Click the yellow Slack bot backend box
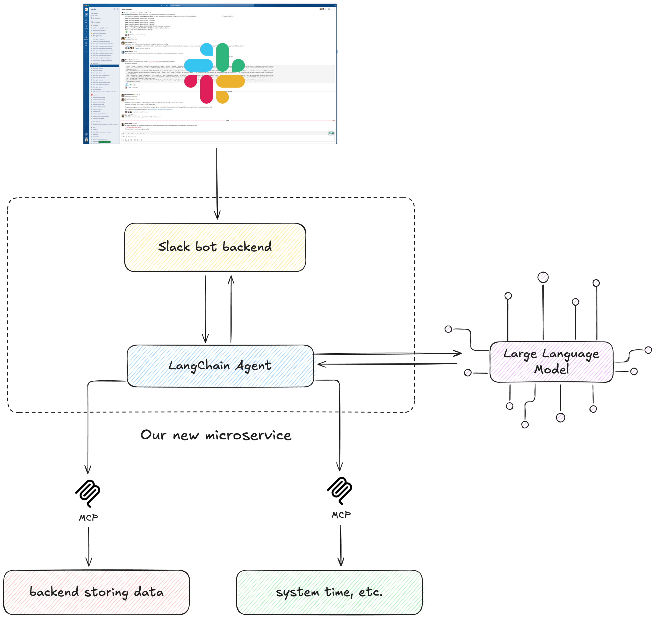215,247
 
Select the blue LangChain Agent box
220,366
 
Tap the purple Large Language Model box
551,362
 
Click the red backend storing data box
96,592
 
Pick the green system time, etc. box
329,592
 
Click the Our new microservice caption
216,435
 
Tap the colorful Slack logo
214,73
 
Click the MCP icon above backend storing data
88,493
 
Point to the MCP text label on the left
88,517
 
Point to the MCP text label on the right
341,515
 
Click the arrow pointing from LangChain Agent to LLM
387,354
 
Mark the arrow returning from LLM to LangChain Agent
387,364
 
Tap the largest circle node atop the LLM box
543,277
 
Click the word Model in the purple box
551,369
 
